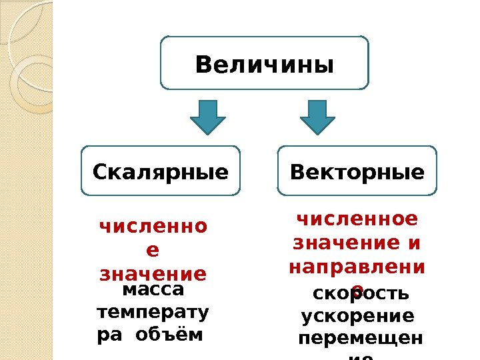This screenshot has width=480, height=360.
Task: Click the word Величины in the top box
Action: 264,65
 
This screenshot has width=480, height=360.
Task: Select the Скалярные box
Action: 161,172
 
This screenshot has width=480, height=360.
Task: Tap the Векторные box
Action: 357,172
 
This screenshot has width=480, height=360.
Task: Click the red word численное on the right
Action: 357,219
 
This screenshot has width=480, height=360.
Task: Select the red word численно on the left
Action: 153,227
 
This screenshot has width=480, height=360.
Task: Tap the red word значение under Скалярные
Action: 153,274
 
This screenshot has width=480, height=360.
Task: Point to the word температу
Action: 153,312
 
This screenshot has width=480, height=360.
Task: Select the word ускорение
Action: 358,315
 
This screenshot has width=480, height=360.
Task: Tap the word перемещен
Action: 360,337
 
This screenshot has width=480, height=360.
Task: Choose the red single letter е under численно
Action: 153,251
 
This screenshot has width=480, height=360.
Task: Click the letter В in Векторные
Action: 299,173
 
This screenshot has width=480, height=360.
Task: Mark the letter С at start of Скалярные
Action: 100,173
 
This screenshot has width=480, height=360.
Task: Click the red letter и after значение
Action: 415,243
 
